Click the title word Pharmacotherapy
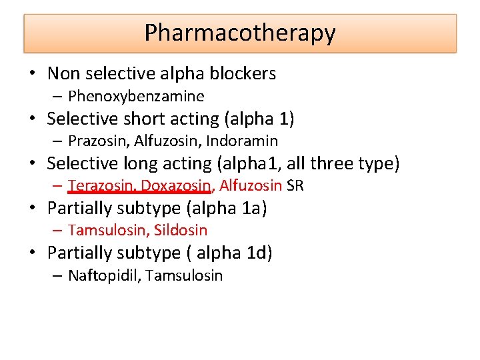click(240, 33)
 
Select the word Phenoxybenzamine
click(136, 96)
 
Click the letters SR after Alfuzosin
click(295, 185)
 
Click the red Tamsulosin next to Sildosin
click(109, 231)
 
